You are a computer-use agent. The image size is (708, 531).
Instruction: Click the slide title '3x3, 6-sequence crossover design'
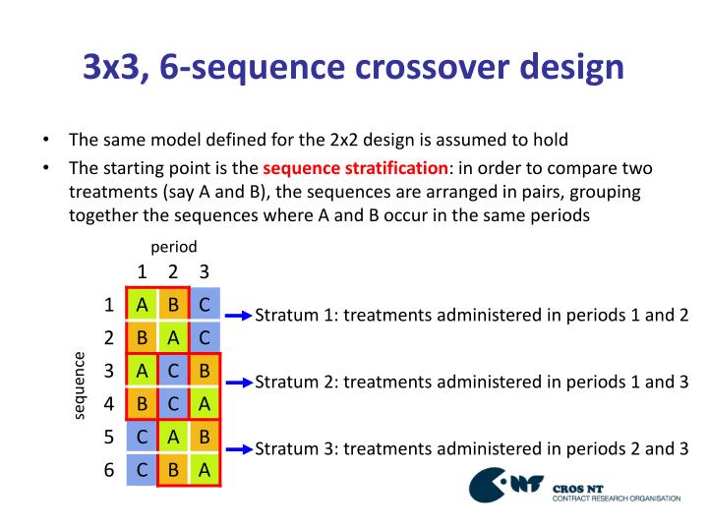(x=353, y=66)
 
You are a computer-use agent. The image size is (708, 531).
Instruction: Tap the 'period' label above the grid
(x=174, y=246)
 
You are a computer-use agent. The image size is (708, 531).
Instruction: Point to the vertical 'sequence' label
(x=81, y=386)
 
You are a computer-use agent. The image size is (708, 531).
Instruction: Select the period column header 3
(x=204, y=271)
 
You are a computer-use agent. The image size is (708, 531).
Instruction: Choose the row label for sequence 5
(x=109, y=438)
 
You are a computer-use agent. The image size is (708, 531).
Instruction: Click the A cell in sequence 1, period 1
(x=143, y=305)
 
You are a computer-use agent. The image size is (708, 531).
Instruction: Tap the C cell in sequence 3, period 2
(x=173, y=372)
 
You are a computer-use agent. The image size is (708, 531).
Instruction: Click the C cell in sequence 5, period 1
(x=143, y=438)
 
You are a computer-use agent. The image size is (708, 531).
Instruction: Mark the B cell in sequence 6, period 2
(x=173, y=470)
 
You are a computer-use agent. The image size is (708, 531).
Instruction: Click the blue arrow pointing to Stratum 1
(x=239, y=316)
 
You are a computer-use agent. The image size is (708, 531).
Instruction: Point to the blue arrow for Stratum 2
(x=239, y=383)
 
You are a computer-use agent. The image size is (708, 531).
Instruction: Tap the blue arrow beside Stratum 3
(x=239, y=449)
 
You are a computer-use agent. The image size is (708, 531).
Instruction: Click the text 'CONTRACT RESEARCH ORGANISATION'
(x=617, y=499)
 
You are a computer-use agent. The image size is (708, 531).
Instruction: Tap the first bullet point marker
(x=46, y=139)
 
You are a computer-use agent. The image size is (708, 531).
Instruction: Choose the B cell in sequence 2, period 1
(x=143, y=338)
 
